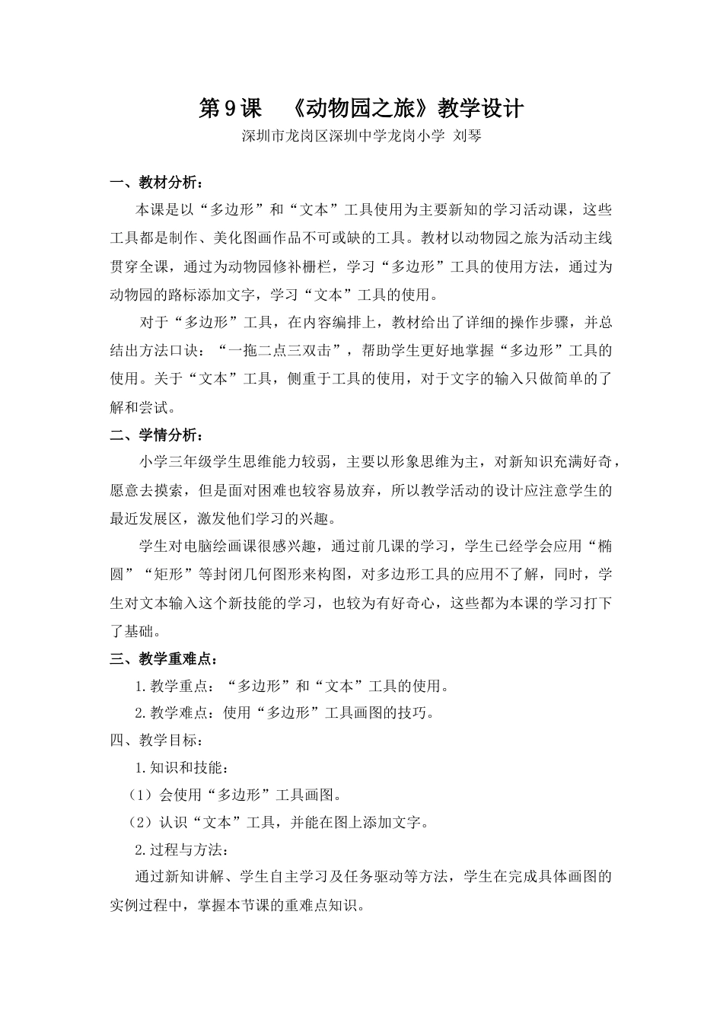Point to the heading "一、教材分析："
157,183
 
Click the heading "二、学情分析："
157,435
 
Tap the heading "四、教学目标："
157,741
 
